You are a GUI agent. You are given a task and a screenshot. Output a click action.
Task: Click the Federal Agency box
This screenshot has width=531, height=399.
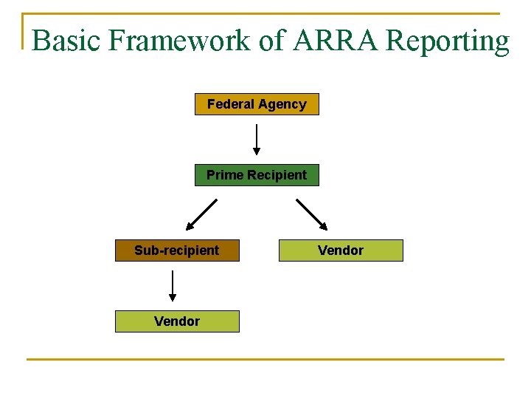257,104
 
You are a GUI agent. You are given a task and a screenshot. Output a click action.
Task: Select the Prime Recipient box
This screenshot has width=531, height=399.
257,175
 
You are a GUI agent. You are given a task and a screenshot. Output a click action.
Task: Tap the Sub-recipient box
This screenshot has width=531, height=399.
177,250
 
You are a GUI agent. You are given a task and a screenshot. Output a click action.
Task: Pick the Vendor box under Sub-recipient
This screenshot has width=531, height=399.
177,321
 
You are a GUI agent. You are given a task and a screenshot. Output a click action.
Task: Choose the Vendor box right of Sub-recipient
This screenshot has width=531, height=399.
341,250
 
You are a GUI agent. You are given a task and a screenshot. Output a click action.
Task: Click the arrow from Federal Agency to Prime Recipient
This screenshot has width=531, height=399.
257,139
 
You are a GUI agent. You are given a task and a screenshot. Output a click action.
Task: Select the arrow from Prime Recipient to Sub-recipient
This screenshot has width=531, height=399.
201,215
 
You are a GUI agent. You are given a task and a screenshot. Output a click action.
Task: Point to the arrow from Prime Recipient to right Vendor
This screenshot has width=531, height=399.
312,215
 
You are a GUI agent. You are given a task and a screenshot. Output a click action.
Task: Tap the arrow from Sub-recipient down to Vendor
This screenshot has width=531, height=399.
173,285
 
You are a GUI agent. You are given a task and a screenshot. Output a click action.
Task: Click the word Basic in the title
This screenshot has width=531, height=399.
67,41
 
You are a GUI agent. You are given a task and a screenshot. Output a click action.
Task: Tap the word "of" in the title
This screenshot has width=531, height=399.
272,41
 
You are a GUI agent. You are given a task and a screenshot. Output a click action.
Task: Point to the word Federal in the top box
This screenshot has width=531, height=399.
230,104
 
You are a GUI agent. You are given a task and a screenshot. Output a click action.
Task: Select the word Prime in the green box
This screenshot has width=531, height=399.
225,175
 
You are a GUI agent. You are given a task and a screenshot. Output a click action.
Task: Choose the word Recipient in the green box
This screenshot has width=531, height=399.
277,175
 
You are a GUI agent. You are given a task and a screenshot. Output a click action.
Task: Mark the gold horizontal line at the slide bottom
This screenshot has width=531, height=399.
265,360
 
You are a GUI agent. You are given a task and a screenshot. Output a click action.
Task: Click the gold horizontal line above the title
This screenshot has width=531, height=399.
265,13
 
